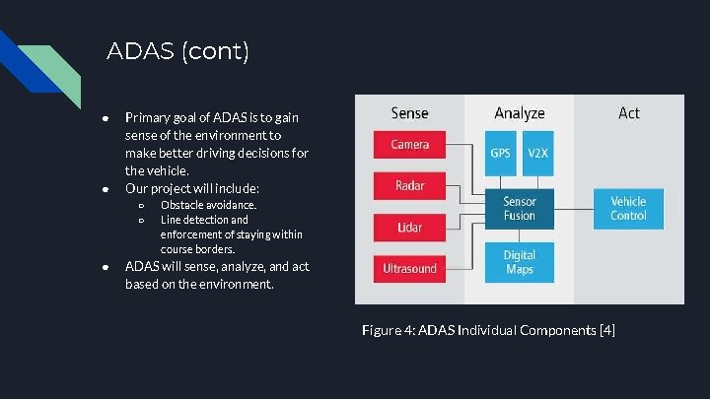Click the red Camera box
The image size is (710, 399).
[409, 145]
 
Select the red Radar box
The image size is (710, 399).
[409, 185]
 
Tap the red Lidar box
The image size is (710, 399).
[409, 227]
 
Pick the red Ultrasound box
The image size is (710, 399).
[409, 267]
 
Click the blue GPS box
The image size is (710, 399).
[501, 154]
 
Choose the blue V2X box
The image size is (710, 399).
[537, 154]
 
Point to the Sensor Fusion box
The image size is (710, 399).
[519, 209]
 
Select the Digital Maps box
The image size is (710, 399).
[519, 261]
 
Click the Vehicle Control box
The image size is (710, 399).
[628, 208]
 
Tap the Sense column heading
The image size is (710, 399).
[409, 113]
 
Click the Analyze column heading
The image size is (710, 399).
[519, 113]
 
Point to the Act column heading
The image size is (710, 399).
[629, 113]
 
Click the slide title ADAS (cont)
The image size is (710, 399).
[177, 51]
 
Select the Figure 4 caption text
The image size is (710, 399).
[487, 329]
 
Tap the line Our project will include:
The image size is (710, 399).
[191, 187]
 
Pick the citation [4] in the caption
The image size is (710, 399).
[606, 329]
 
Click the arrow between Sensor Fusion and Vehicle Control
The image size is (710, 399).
[570, 208]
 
